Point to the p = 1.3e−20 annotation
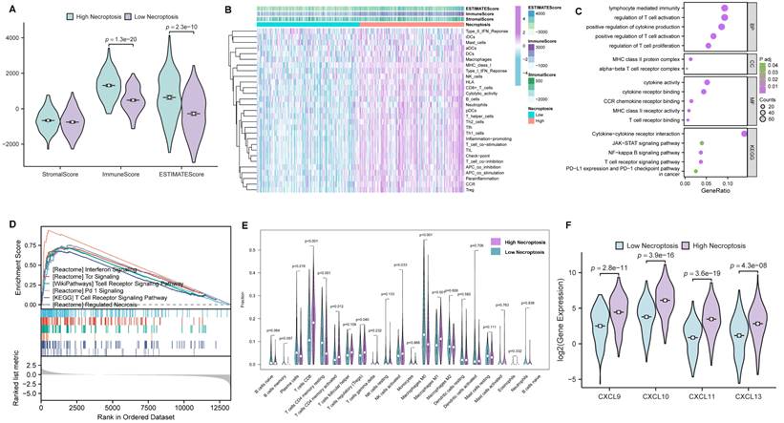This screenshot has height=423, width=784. coord(128,38)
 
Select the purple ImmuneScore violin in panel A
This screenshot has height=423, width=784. coord(135,99)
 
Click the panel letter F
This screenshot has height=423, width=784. coord(545,227)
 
